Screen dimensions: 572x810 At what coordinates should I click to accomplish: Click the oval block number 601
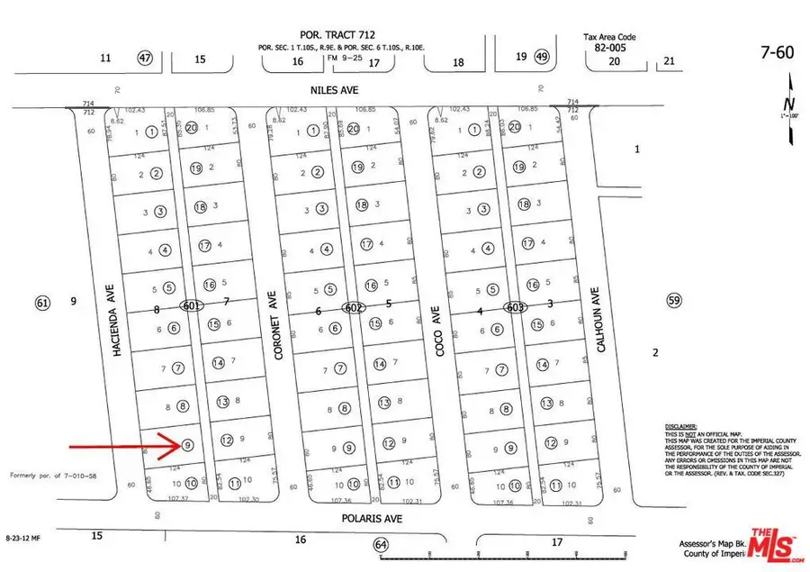[190, 306]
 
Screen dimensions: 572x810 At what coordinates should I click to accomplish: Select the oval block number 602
[353, 306]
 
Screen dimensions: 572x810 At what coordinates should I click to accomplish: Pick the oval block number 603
[514, 306]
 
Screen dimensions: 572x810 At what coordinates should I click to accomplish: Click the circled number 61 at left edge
[41, 302]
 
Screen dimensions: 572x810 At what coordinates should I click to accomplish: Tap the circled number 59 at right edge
[672, 300]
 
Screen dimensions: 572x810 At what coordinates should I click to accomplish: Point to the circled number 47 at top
[146, 58]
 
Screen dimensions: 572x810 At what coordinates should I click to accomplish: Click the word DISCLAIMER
[682, 425]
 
